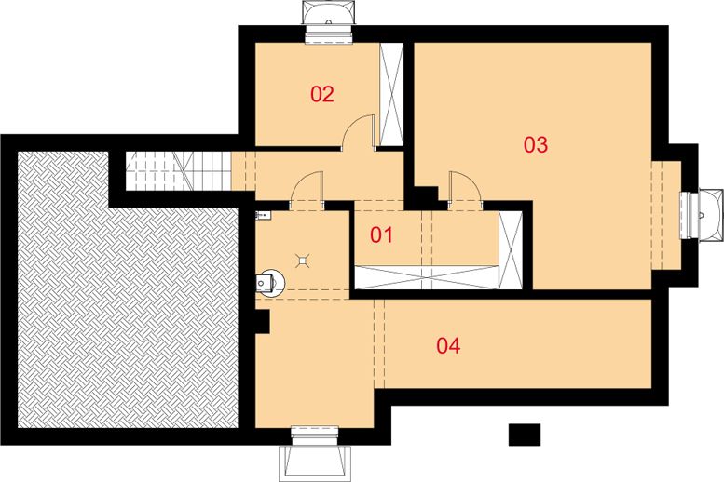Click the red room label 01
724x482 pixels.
pyautogui.click(x=382, y=234)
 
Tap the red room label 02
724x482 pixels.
pyautogui.click(x=321, y=94)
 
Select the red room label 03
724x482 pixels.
pyautogui.click(x=535, y=144)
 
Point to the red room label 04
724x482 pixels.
pyautogui.click(x=448, y=345)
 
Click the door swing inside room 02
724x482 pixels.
pyautogui.click(x=358, y=133)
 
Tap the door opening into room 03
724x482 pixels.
pyautogui.click(x=463, y=186)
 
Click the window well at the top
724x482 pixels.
pyautogui.click(x=329, y=19)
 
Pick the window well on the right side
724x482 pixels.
pyautogui.click(x=704, y=213)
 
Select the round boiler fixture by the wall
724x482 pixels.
pyautogui.click(x=269, y=281)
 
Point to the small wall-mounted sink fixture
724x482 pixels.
pyautogui.click(x=262, y=216)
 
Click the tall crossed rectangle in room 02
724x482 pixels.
pyautogui.click(x=390, y=94)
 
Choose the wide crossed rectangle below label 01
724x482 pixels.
pyautogui.click(x=426, y=276)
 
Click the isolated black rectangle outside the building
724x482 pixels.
pyautogui.click(x=525, y=434)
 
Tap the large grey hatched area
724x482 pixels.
pyautogui.click(x=130, y=307)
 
